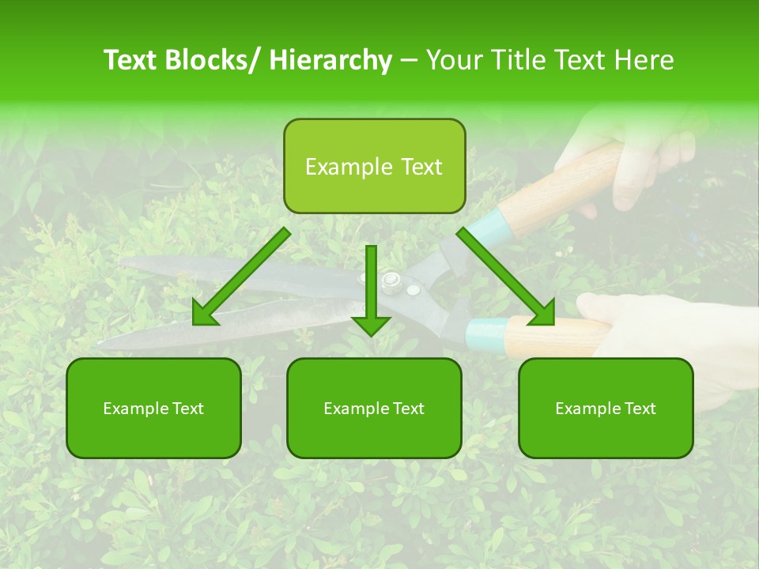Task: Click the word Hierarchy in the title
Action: [x=330, y=60]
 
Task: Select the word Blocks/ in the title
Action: [x=211, y=60]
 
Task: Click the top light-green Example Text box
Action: [x=374, y=167]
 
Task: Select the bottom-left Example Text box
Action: [x=153, y=409]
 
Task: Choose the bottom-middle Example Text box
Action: [x=374, y=409]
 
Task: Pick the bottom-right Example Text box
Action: [x=606, y=409]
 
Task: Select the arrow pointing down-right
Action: [x=507, y=277]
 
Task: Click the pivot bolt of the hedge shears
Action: [x=390, y=279]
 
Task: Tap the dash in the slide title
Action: [x=409, y=60]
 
